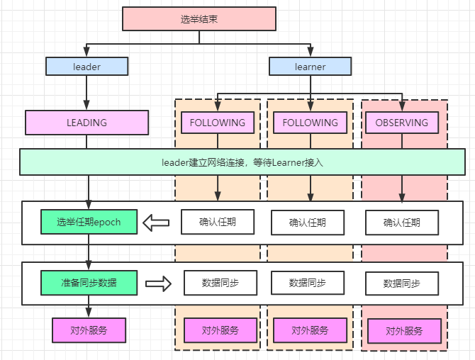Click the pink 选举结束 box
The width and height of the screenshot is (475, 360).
click(199, 19)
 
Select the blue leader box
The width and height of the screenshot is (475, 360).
click(86, 67)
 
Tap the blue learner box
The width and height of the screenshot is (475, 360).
click(310, 67)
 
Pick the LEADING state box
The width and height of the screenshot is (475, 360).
click(86, 123)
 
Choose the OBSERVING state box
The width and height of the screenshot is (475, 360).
click(402, 123)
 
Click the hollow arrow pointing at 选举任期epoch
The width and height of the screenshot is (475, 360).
click(156, 223)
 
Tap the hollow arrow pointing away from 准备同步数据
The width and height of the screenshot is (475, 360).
click(159, 283)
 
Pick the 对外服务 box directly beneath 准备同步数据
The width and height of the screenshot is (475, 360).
click(89, 330)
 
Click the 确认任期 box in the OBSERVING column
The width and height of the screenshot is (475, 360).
click(402, 223)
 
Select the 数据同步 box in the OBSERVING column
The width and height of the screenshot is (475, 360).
click(402, 283)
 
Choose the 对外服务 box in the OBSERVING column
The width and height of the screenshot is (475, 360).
click(404, 331)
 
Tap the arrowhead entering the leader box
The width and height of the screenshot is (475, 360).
click(86, 52)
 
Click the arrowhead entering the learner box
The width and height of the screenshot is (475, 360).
click(310, 52)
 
